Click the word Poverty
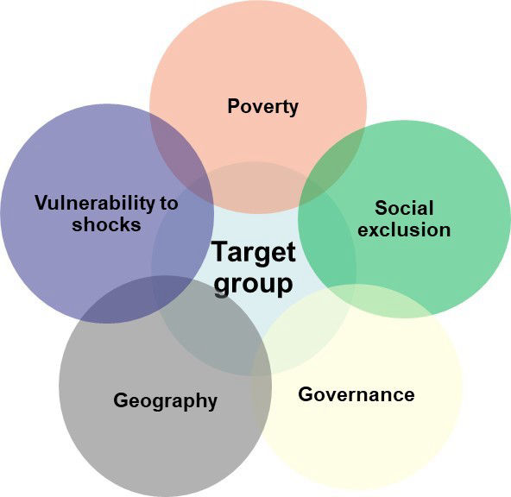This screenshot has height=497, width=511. click(262, 107)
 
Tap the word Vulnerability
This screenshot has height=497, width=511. click(95, 204)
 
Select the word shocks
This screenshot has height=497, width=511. click(106, 224)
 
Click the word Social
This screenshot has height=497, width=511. click(404, 208)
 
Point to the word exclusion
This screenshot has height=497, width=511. click(404, 230)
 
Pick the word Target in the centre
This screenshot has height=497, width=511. click(254, 253)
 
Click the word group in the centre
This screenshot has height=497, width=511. click(253, 284)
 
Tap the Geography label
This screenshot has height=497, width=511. click(165, 401)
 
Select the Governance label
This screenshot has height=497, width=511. click(356, 394)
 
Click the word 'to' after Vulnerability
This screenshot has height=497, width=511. click(169, 204)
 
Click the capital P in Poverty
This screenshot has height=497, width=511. click(234, 106)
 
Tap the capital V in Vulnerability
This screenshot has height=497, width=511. click(42, 203)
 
